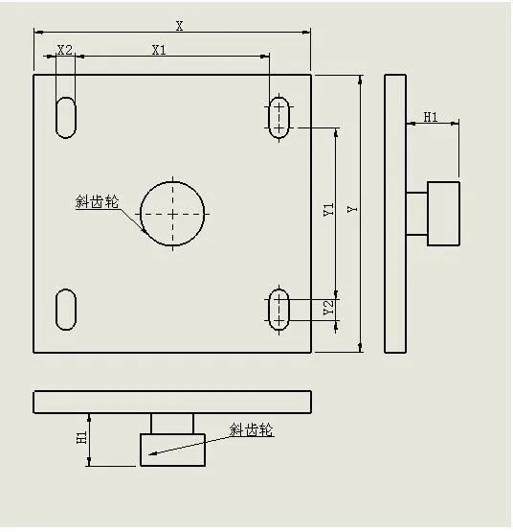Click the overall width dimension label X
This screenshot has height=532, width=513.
pyautogui.click(x=179, y=26)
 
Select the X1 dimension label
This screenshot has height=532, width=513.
pyautogui.click(x=159, y=50)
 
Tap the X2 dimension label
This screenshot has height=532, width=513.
pyautogui.click(x=65, y=50)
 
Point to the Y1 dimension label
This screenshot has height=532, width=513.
pyautogui.click(x=328, y=209)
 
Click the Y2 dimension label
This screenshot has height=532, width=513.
pyautogui.click(x=328, y=307)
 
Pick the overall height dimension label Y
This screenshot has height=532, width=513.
pyautogui.click(x=352, y=209)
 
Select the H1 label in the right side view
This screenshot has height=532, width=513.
pyautogui.click(x=431, y=117)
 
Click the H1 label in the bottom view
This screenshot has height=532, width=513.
pyautogui.click(x=82, y=437)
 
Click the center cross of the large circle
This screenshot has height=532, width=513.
pyautogui.click(x=173, y=214)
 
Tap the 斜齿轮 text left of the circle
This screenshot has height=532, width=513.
pyautogui.click(x=97, y=201)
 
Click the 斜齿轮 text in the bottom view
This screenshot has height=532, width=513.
pyautogui.click(x=251, y=429)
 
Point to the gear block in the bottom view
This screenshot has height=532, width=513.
pyautogui.click(x=173, y=450)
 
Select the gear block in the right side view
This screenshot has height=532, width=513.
pyautogui.click(x=443, y=214)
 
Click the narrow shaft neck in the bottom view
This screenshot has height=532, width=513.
pyautogui.click(x=172, y=424)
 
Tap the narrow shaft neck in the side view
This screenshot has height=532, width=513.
pyautogui.click(x=416, y=214)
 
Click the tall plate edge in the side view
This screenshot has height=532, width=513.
pyautogui.click(x=395, y=214)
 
